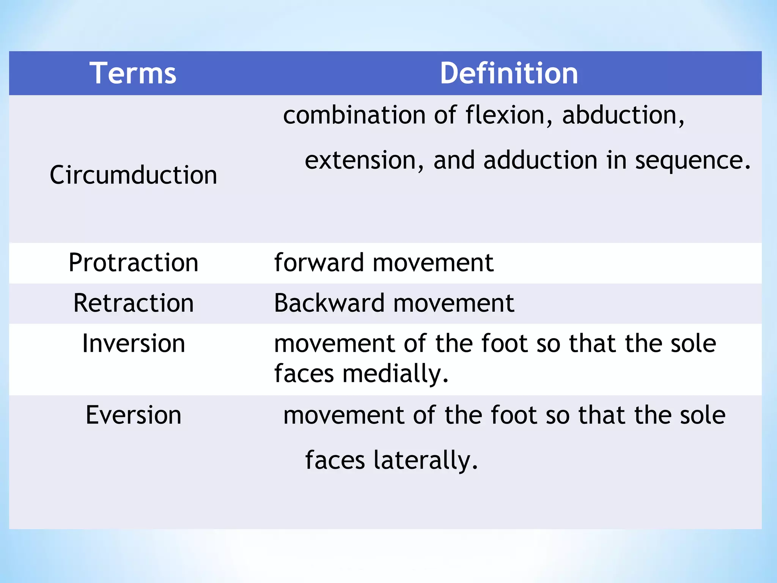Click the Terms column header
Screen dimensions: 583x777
(133, 73)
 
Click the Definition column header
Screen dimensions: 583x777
(509, 73)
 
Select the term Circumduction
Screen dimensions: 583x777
(133, 175)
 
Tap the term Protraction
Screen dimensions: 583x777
(133, 263)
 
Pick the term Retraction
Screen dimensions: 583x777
(133, 303)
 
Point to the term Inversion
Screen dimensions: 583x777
(133, 343)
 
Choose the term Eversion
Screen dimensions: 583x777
(133, 415)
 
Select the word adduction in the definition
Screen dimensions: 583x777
(540, 160)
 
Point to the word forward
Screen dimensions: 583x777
(319, 263)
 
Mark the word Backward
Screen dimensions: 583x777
(329, 303)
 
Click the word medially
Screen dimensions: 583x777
(395, 374)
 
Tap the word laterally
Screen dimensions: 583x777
(425, 460)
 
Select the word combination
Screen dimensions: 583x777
(354, 115)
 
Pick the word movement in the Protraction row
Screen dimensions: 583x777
(433, 263)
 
